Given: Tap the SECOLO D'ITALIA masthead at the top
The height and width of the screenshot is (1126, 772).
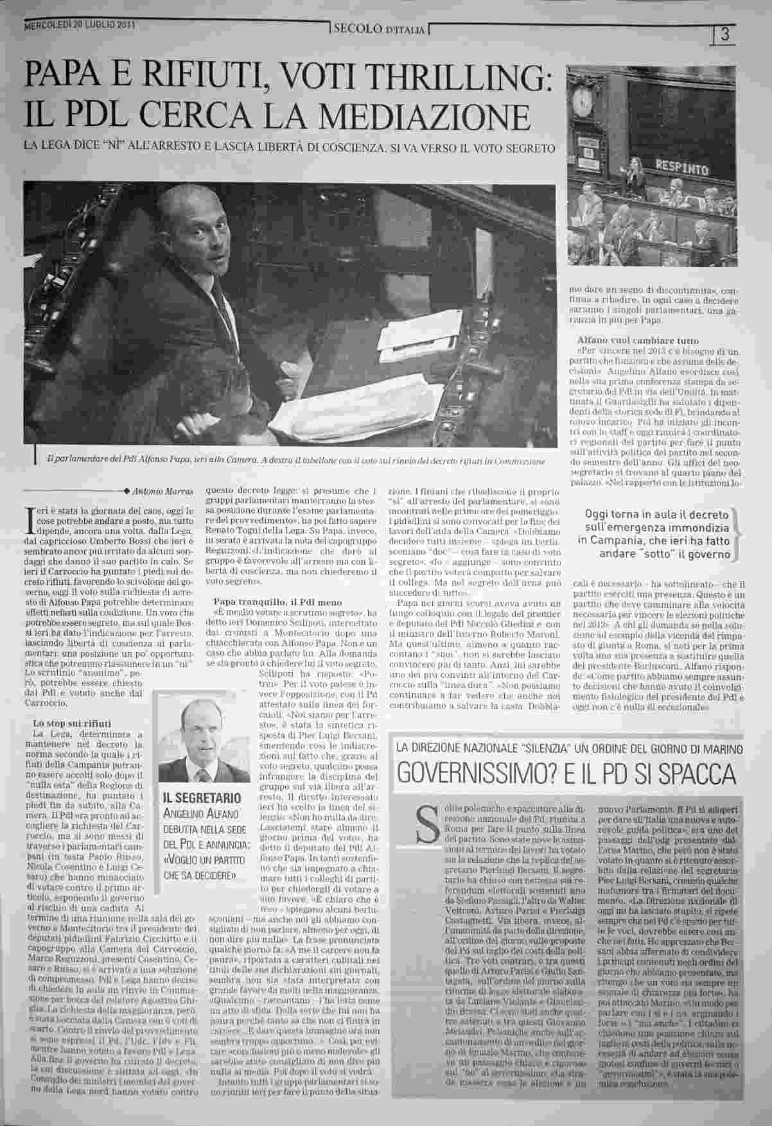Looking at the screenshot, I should tap(378, 29).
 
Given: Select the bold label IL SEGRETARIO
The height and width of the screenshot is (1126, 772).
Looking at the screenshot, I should tap(194, 798).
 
